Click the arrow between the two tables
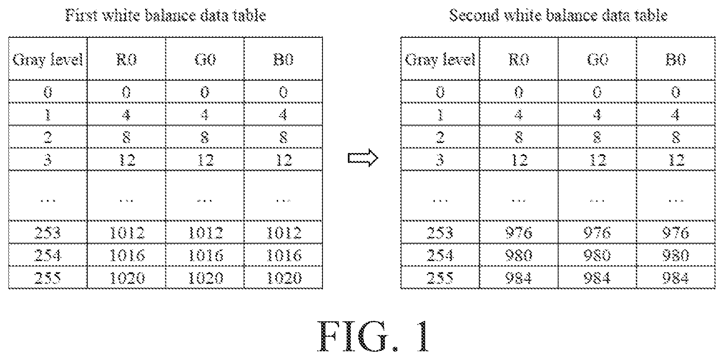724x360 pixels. [363, 158]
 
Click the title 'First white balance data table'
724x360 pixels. [165, 15]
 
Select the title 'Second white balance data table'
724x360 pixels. [558, 15]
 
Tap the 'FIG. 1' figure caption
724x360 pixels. [375, 337]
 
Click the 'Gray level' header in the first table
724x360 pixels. [48, 60]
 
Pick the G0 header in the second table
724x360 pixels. [597, 60]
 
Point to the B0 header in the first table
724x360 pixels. [283, 60]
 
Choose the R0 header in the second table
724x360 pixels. [519, 60]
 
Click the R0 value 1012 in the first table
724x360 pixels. [127, 233]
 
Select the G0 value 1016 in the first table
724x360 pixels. [205, 255]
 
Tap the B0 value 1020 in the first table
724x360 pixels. [283, 278]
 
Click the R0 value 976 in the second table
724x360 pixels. [519, 233]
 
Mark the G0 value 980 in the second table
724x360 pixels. [597, 255]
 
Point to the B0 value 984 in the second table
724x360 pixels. [676, 278]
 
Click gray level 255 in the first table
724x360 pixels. [48, 278]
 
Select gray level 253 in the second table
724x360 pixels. [440, 233]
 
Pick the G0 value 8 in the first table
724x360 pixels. [205, 137]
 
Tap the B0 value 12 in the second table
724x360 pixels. [676, 160]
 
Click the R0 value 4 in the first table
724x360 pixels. [126, 114]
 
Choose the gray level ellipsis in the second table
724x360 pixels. [440, 200]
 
